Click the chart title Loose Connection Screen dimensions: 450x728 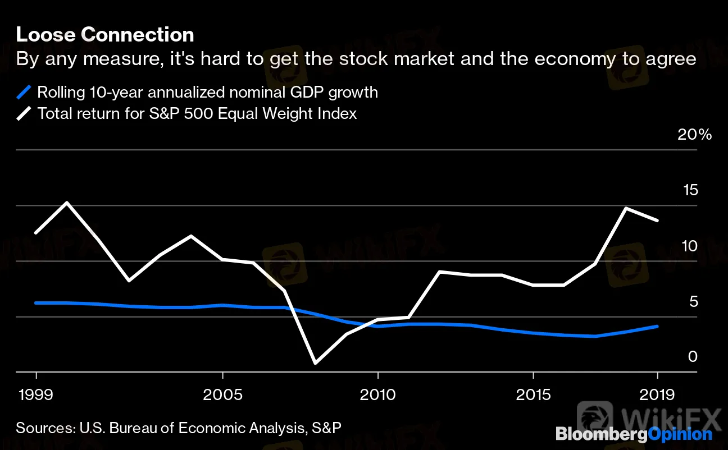pyautogui.click(x=105, y=35)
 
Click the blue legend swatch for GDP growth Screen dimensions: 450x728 pyautogui.click(x=24, y=91)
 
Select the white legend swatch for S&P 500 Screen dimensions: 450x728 pyautogui.click(x=24, y=113)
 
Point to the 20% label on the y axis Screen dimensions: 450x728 pyautogui.click(x=694, y=135)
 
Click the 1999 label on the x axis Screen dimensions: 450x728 pyautogui.click(x=37, y=394)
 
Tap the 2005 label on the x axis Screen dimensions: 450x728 pyautogui.click(x=223, y=394)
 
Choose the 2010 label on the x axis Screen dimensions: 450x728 pyautogui.click(x=378, y=394)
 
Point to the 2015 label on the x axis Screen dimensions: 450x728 pyautogui.click(x=533, y=394)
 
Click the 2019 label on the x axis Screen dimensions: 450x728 pyautogui.click(x=657, y=394)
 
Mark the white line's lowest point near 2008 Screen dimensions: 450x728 pyautogui.click(x=316, y=362)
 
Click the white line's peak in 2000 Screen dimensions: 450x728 pyautogui.click(x=67, y=203)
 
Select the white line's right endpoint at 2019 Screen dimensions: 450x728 pyautogui.click(x=657, y=220)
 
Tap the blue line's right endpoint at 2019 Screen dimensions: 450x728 pyautogui.click(x=657, y=326)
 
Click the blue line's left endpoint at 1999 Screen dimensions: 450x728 pyautogui.click(x=37, y=303)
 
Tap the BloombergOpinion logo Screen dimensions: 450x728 pyautogui.click(x=634, y=434)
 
